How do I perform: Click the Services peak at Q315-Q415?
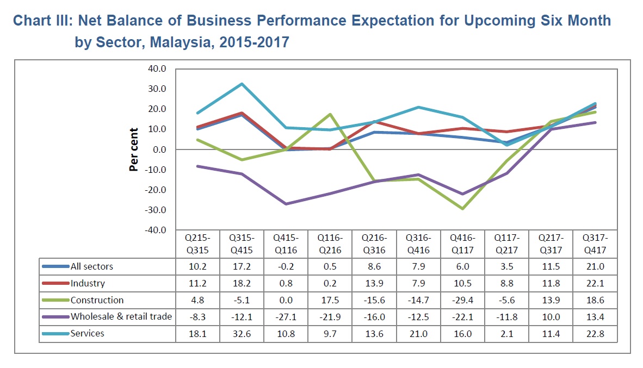click(x=242, y=84)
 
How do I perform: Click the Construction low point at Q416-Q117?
click(x=462, y=209)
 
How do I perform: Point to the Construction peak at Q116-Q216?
click(x=330, y=114)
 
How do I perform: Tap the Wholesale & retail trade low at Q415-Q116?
click(x=286, y=204)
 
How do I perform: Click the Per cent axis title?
click(x=134, y=149)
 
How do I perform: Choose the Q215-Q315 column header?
click(x=197, y=244)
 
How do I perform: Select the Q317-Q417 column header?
click(x=595, y=244)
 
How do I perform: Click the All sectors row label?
click(x=92, y=266)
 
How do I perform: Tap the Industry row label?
click(x=88, y=283)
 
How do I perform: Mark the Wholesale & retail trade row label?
click(x=121, y=316)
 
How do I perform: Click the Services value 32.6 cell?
click(x=242, y=333)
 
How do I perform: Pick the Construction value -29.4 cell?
click(x=462, y=300)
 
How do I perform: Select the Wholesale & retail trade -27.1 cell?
click(x=286, y=316)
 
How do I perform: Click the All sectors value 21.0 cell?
click(x=595, y=266)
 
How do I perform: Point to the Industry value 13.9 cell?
click(x=374, y=283)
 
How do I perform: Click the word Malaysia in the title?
click(x=183, y=42)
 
